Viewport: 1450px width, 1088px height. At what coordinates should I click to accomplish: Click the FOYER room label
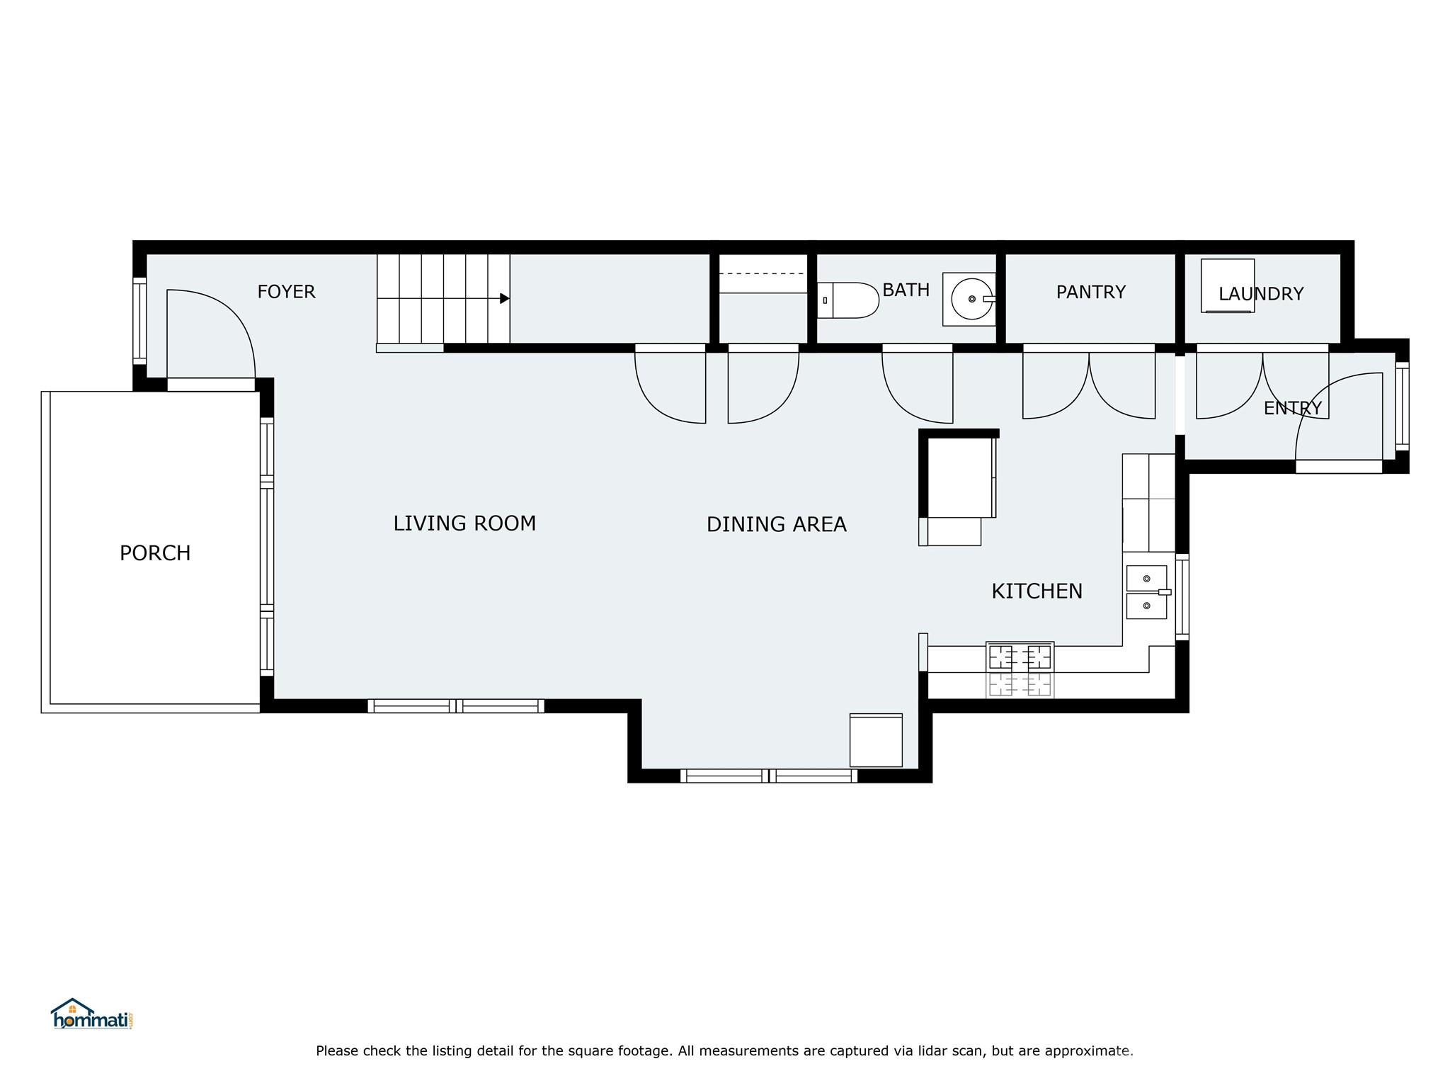[x=286, y=292]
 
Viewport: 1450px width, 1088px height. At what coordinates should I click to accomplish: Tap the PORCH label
[x=155, y=553]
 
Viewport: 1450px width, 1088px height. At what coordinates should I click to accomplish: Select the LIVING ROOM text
[x=464, y=523]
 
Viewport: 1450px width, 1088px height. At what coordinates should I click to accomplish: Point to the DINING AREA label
[x=776, y=525]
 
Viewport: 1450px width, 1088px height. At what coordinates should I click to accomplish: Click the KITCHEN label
[x=1037, y=591]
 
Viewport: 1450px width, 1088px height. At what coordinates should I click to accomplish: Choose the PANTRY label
[x=1090, y=293]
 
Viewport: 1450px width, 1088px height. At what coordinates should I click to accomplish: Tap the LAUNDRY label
[x=1261, y=294]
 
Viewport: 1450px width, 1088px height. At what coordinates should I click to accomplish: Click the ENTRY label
[x=1292, y=409]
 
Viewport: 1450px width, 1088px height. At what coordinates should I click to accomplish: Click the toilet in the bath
[x=849, y=300]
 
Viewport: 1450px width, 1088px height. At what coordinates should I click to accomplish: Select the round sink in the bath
[x=971, y=300]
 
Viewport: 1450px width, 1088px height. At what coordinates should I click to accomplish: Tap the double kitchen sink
[x=1146, y=592]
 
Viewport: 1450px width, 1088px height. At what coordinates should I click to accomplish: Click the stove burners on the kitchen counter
[x=1020, y=657]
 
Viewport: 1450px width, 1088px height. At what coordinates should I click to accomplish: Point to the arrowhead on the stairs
[x=505, y=298]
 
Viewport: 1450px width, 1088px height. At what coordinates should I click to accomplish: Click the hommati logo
[x=92, y=1015]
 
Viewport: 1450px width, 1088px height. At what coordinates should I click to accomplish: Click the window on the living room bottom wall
[x=456, y=705]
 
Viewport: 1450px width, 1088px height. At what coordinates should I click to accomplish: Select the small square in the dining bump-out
[x=876, y=740]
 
